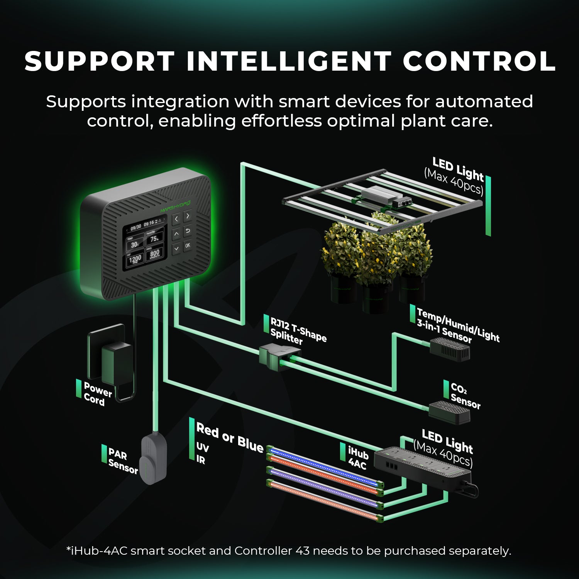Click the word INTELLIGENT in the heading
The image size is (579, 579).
point(289,62)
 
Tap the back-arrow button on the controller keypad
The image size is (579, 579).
point(188,231)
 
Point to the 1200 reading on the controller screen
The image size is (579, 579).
point(135,259)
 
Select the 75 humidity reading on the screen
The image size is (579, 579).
point(154,239)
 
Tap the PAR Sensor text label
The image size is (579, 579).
point(122,460)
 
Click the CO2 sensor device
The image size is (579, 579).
point(449,411)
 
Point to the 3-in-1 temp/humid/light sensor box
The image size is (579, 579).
point(450,349)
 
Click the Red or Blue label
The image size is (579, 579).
point(230,438)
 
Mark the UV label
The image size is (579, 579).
point(203,447)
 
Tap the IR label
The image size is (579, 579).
point(201,459)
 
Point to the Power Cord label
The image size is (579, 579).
point(97,394)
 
